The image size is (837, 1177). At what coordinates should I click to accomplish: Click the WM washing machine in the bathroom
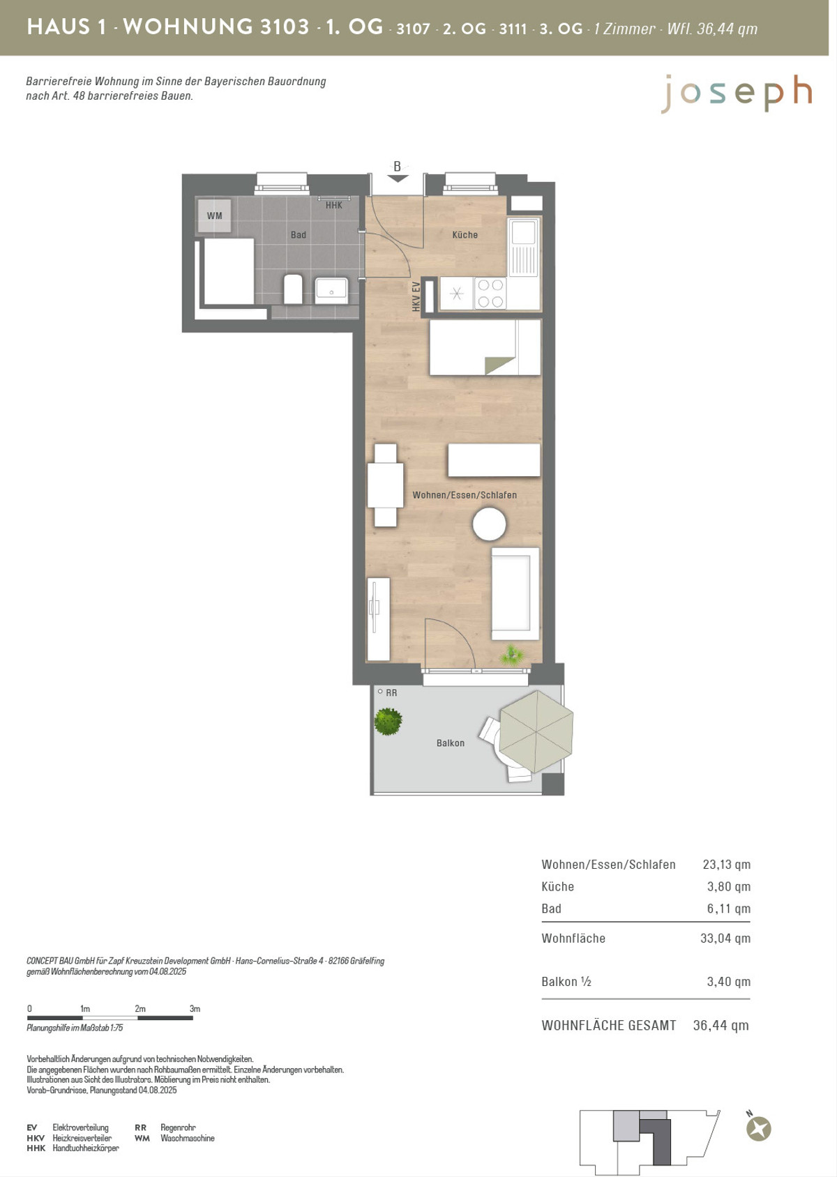(214, 215)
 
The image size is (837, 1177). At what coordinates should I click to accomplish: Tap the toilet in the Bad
(293, 289)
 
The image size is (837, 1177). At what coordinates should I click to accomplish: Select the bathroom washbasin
(331, 291)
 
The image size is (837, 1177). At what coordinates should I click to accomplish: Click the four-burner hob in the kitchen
(490, 293)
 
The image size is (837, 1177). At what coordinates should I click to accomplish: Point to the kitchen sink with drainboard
(523, 247)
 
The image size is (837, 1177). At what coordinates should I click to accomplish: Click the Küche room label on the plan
(465, 235)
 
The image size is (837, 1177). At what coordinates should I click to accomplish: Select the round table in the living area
(489, 524)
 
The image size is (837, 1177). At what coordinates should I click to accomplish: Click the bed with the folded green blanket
(485, 347)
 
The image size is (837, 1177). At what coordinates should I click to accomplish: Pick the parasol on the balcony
(536, 731)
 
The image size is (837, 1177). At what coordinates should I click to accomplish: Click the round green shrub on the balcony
(388, 722)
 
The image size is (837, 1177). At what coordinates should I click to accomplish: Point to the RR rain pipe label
(391, 693)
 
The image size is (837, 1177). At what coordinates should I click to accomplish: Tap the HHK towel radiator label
(334, 206)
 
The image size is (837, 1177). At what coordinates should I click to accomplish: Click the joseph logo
(736, 93)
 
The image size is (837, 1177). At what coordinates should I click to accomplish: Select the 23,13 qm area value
(727, 865)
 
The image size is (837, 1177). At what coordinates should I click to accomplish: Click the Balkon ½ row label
(566, 982)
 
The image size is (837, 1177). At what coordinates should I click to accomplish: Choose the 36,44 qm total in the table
(721, 1025)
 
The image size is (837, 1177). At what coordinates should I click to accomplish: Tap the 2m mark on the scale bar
(140, 1008)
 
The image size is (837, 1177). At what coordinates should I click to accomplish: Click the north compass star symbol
(759, 1129)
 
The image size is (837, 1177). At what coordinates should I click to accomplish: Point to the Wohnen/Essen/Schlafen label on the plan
(465, 495)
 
